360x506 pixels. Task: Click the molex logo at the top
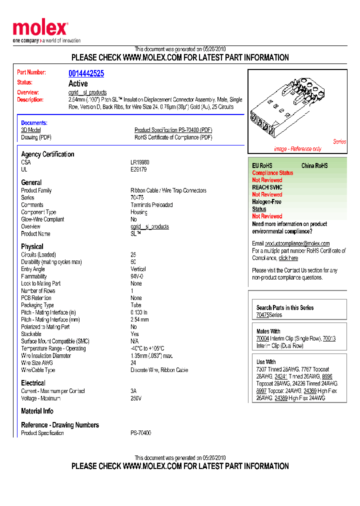[40, 28]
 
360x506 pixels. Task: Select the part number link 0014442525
[86, 73]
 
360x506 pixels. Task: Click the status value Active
[78, 83]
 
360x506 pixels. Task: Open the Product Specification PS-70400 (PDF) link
[173, 130]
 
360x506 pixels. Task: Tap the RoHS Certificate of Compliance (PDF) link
[173, 137]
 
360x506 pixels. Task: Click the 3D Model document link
[30, 130]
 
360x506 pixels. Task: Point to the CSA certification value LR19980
[140, 162]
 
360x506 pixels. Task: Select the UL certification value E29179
[138, 169]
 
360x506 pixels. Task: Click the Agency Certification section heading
[47, 154]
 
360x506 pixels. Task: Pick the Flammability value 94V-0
[136, 276]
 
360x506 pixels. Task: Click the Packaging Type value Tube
[135, 305]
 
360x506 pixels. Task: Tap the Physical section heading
[32, 246]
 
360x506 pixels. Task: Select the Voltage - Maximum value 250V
[136, 398]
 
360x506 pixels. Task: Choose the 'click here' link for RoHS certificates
[288, 258]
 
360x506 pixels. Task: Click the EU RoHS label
[262, 165]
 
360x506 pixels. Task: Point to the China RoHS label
[314, 165]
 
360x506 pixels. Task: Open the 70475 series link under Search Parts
[262, 315]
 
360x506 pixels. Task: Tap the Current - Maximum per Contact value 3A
[133, 391]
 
